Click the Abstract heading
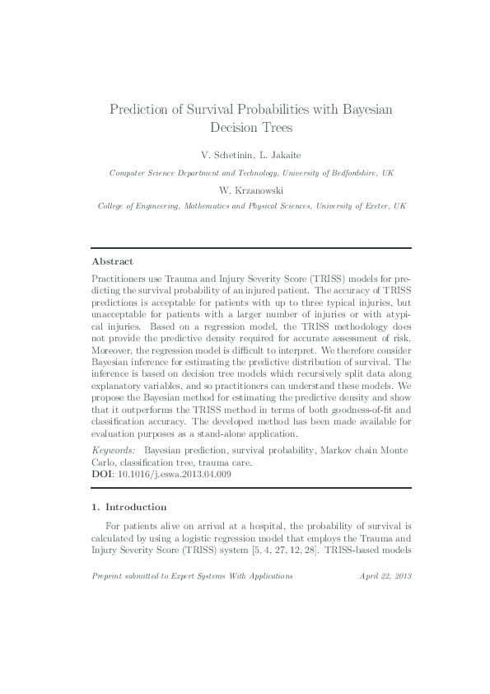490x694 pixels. (112, 260)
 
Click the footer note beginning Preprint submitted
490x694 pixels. (191, 576)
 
